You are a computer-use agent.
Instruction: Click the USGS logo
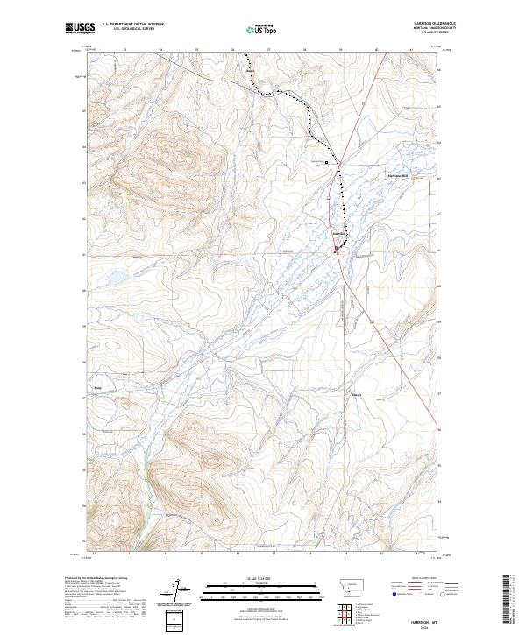pyautogui.click(x=77, y=29)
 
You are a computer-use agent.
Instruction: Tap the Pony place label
pyautogui.click(x=98, y=385)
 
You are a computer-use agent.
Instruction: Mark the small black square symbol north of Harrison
pyautogui.click(x=327, y=162)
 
